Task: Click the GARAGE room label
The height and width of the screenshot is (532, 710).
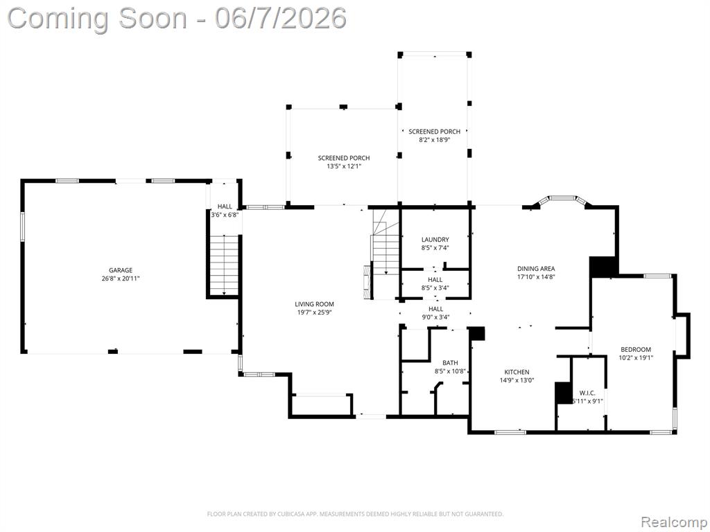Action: click(121, 271)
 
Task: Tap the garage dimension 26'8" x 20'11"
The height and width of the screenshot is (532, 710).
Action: click(121, 278)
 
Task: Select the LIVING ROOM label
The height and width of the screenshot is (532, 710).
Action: click(314, 305)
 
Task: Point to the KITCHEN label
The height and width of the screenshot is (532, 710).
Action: click(517, 372)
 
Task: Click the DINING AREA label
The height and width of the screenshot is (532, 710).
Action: click(536, 269)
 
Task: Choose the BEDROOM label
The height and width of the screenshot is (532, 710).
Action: click(636, 350)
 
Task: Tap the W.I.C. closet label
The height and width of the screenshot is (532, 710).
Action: click(587, 393)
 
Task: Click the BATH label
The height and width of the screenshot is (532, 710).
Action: click(450, 363)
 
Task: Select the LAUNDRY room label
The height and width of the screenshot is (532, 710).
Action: click(435, 240)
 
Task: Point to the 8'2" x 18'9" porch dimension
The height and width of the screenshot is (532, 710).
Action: click(435, 140)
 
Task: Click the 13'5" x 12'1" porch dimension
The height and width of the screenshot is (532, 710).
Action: click(344, 166)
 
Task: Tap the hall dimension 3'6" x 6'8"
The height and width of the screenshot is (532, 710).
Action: click(225, 215)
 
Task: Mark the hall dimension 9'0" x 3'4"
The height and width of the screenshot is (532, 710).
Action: click(435, 317)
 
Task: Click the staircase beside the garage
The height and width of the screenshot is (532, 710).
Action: click(224, 266)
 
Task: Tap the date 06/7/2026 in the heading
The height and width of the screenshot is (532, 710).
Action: click(281, 19)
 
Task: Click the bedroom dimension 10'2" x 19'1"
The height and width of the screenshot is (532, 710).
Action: click(636, 358)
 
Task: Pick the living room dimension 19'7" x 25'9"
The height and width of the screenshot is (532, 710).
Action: click(314, 312)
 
